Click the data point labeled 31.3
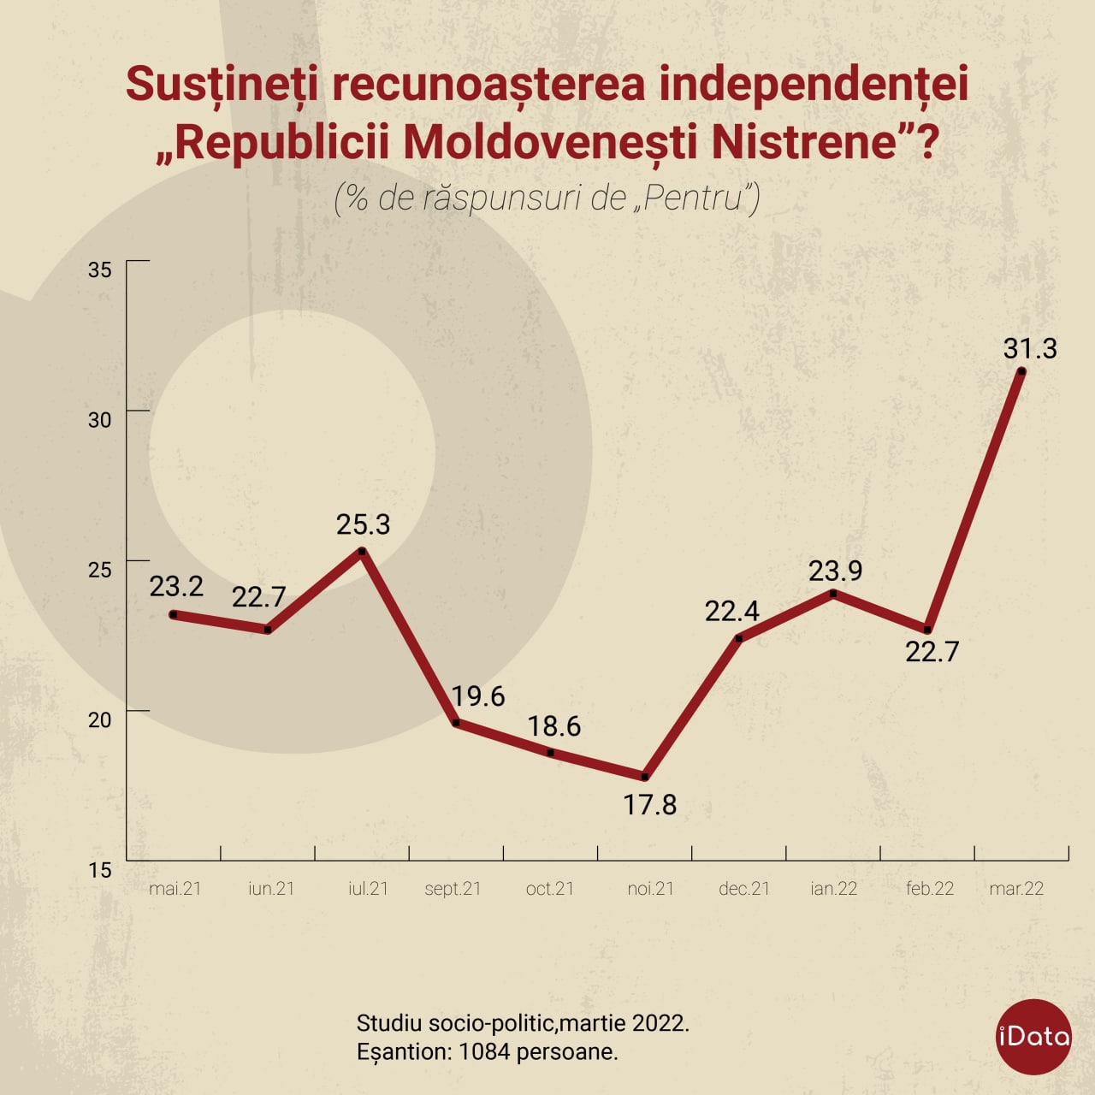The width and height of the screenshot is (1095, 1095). tap(1021, 371)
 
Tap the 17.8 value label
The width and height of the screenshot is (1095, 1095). tap(650, 805)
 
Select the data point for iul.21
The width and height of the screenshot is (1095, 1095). tap(363, 551)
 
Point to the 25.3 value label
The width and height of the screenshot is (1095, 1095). tap(363, 524)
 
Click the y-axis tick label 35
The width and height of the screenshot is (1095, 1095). tap(100, 269)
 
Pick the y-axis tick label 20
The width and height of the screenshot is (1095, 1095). tap(100, 719)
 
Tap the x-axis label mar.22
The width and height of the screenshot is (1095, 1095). tap(1016, 889)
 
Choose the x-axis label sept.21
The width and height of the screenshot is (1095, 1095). tap(453, 889)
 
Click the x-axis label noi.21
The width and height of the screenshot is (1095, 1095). tap(650, 889)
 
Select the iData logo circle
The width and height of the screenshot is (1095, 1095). tap(1034, 1037)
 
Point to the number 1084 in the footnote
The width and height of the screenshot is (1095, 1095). tap(484, 1051)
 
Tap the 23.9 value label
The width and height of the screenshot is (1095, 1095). tap(835, 571)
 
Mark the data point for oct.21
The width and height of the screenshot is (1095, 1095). tap(551, 753)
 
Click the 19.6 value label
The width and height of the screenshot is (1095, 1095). tap(478, 696)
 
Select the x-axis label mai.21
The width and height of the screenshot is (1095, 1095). tap(175, 889)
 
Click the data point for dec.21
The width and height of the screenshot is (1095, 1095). tap(739, 638)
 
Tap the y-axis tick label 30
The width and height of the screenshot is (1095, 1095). tap(100, 420)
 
